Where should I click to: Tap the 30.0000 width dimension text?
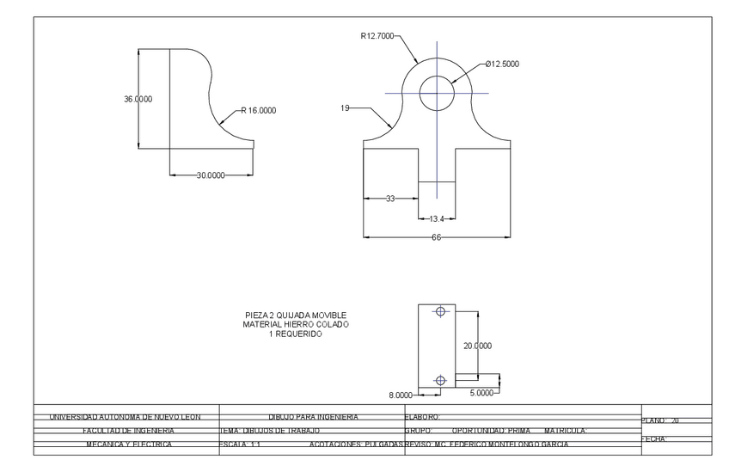coord(211,175)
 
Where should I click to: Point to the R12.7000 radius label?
coord(377,36)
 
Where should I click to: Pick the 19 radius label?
coord(345,108)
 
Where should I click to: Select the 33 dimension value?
coord(389,199)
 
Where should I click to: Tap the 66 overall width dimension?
coord(436,237)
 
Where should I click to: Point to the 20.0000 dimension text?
coord(477,346)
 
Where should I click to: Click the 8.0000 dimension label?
coord(401,395)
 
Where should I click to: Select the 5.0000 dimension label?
coord(482,391)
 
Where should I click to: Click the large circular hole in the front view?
coord(437,93)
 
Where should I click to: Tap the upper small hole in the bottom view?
coord(441,311)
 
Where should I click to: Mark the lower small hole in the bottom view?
coord(441,380)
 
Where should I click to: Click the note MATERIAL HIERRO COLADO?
coord(296,324)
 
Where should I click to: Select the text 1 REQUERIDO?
coord(296,334)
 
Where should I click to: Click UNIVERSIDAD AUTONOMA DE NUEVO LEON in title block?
coord(126,417)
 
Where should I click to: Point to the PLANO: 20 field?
coord(662,420)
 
